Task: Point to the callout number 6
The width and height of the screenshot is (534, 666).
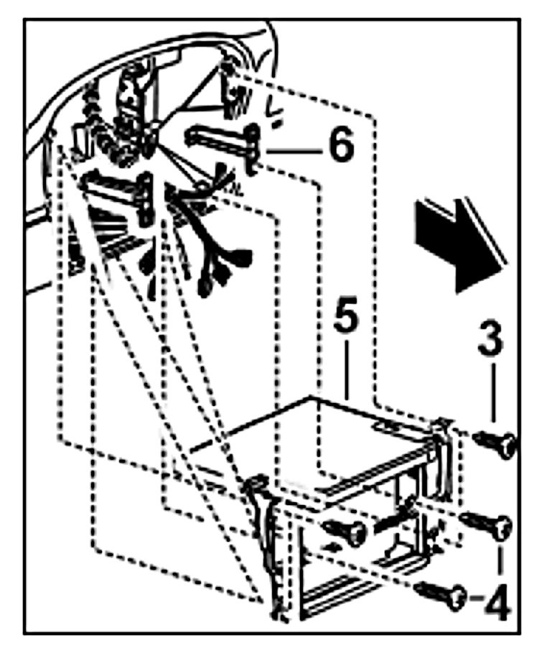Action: [x=339, y=146]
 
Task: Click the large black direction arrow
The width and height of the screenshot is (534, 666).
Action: [x=459, y=244]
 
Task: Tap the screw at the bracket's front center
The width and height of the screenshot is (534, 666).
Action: [x=347, y=532]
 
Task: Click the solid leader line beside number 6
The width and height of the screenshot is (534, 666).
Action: [x=294, y=151]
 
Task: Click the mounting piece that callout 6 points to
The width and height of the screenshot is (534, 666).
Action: [x=222, y=140]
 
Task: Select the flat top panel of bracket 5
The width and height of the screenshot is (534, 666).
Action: [x=316, y=438]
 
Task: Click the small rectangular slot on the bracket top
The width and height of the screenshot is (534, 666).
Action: [x=381, y=427]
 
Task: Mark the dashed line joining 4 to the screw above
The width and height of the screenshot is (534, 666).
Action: [x=500, y=564]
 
